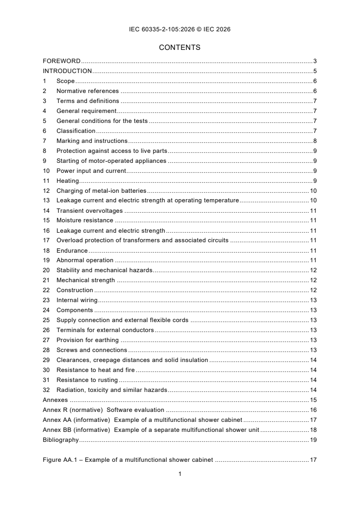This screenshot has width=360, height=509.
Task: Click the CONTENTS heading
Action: (x=180, y=47)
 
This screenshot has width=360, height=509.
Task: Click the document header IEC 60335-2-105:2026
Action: (x=180, y=29)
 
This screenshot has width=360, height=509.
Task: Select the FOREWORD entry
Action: (x=61, y=61)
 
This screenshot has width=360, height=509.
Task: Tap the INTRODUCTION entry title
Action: (x=67, y=71)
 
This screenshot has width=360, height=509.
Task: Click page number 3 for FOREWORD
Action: (x=315, y=61)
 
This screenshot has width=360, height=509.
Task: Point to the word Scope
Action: (x=65, y=81)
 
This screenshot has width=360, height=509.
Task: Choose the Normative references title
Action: (x=88, y=91)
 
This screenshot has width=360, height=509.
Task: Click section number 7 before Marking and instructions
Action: (x=44, y=141)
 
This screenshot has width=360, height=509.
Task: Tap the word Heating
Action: (x=68, y=181)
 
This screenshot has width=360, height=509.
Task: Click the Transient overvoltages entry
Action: (x=89, y=210)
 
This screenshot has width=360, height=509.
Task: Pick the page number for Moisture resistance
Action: (x=313, y=220)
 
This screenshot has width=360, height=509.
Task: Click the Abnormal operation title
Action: (x=85, y=260)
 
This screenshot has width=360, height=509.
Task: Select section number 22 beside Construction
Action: (x=46, y=290)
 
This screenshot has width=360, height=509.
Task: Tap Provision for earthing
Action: (x=88, y=340)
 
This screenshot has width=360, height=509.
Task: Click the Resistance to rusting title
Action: (x=87, y=380)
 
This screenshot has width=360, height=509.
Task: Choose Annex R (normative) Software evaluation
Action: (x=104, y=410)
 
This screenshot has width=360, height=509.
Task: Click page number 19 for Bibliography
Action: (x=313, y=440)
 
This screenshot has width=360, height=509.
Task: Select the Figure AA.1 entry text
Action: (x=128, y=460)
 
